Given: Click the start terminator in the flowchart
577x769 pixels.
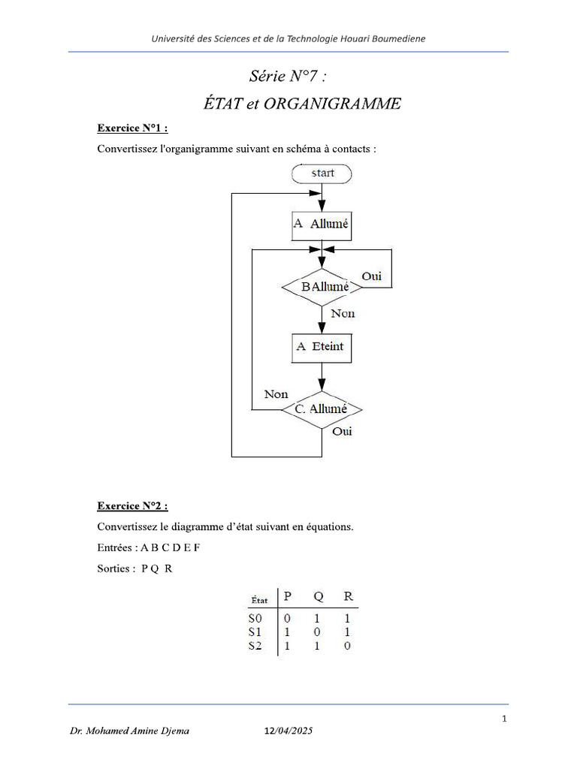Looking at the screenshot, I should pyautogui.click(x=322, y=173).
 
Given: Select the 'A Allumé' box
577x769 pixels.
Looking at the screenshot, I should pyautogui.click(x=322, y=224).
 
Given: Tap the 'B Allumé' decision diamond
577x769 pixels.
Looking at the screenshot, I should pyautogui.click(x=322, y=287).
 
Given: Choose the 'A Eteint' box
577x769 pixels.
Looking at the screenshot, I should pyautogui.click(x=322, y=346).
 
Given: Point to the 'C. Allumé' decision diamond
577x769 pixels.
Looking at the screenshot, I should pyautogui.click(x=322, y=409).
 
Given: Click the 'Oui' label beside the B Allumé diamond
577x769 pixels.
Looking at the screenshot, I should pyautogui.click(x=372, y=276).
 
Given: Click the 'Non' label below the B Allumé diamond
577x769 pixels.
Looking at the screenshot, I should pyautogui.click(x=343, y=314).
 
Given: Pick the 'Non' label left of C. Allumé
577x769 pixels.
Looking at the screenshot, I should pyautogui.click(x=276, y=394).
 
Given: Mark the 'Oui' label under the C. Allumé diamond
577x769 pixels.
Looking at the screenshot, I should pyautogui.click(x=342, y=432).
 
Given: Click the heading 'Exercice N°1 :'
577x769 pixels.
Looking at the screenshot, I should pyautogui.click(x=132, y=128).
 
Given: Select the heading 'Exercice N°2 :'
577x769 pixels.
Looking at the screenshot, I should pyautogui.click(x=132, y=505).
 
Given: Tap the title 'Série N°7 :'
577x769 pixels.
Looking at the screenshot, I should pyautogui.click(x=288, y=77).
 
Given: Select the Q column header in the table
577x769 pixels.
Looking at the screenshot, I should pyautogui.click(x=319, y=596).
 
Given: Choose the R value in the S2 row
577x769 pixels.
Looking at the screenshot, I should pyautogui.click(x=347, y=646).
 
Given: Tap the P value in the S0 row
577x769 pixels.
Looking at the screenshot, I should pyautogui.click(x=286, y=618).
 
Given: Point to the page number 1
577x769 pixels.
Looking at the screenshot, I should pyautogui.click(x=505, y=719).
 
